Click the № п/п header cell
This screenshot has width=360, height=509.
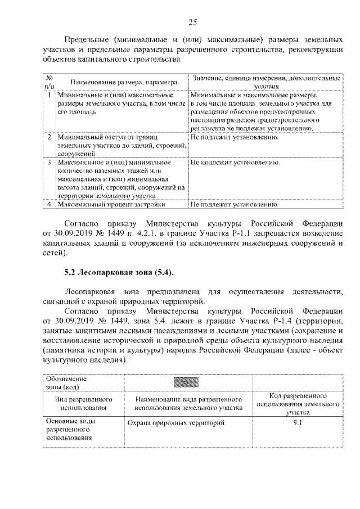coord(49,82)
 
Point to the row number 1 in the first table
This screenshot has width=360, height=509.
coord(49,96)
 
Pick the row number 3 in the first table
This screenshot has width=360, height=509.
coord(49,162)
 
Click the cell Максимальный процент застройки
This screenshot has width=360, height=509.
coord(103,204)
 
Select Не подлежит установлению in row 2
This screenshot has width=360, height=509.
coord(235,137)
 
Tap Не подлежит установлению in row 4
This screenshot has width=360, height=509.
coord(235,204)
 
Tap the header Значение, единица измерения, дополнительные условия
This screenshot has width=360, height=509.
coord(266,83)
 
